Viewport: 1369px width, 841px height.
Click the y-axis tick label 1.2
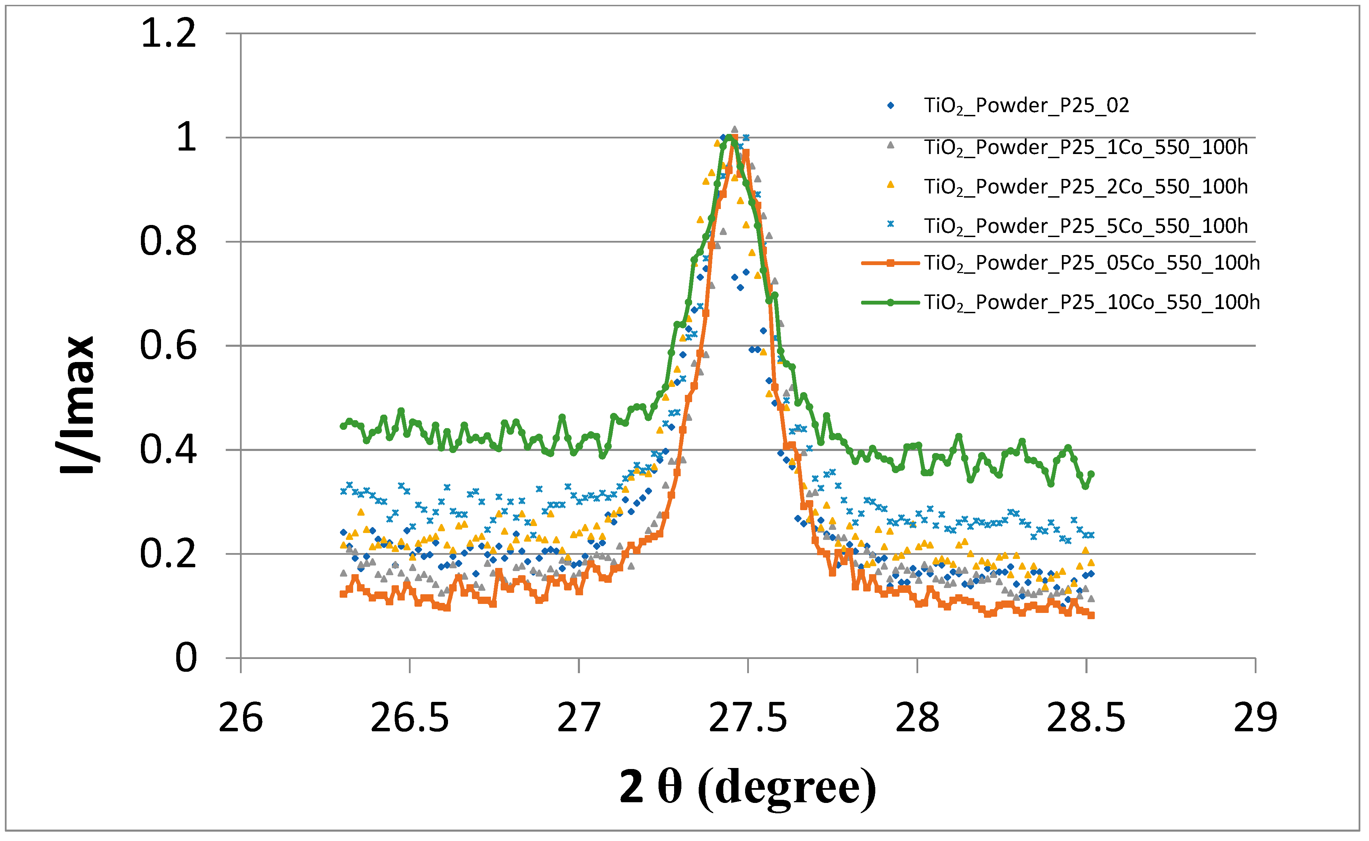(169, 33)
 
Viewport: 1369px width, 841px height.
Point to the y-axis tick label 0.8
(169, 242)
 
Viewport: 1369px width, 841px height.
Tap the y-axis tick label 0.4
(169, 450)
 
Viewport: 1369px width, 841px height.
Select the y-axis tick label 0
(186, 658)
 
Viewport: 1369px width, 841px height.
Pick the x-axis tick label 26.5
(410, 718)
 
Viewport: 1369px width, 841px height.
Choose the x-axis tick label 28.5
(1086, 718)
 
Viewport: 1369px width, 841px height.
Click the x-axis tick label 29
(1255, 718)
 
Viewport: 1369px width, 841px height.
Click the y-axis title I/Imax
(78, 405)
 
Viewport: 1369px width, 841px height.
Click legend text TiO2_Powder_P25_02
(1026, 106)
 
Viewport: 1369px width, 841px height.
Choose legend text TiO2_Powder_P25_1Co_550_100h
(1086, 147)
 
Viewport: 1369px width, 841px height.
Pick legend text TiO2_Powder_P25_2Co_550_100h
(1086, 187)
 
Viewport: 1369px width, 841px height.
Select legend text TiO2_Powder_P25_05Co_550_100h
(1091, 263)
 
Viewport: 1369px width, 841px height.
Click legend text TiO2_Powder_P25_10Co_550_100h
(1091, 302)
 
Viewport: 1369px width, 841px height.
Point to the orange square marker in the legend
(890, 263)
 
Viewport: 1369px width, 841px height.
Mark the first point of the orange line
(343, 594)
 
